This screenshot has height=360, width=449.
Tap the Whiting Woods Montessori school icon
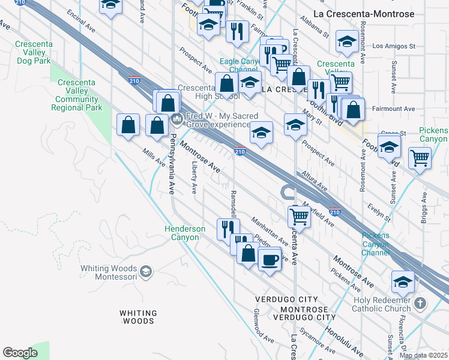pyautogui.click(x=145, y=272)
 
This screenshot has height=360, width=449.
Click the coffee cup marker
pyautogui.click(x=270, y=260)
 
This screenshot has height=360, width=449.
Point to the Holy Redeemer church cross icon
pyautogui.click(x=420, y=304)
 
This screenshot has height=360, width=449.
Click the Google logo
pyautogui.click(x=20, y=353)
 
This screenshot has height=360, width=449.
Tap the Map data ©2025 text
pyautogui.click(x=424, y=355)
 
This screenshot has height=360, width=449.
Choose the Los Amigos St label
pyautogui.click(x=394, y=46)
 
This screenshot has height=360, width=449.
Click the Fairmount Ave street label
pyautogui.click(x=393, y=109)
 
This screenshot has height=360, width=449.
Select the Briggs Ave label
pyautogui.click(x=424, y=206)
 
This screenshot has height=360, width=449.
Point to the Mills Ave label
pyautogui.click(x=154, y=158)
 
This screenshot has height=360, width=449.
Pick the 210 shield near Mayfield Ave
pyautogui.click(x=335, y=212)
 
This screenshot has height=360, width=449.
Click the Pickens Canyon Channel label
pyautogui.click(x=376, y=244)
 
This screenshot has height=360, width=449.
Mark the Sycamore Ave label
pyautogui.click(x=318, y=338)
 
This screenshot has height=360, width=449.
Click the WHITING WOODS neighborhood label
pyautogui.click(x=138, y=317)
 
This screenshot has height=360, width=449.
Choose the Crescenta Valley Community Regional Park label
pyautogui.click(x=77, y=100)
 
